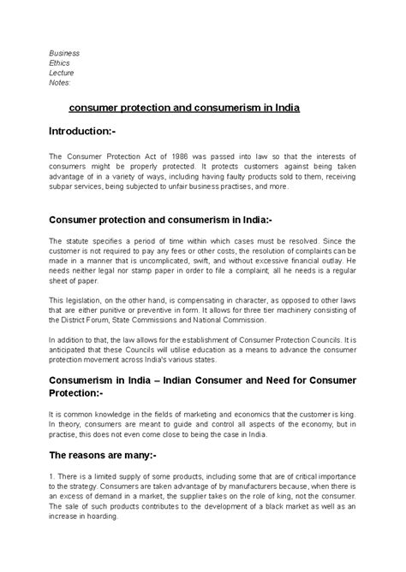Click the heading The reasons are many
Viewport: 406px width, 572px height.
[x=109, y=456]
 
